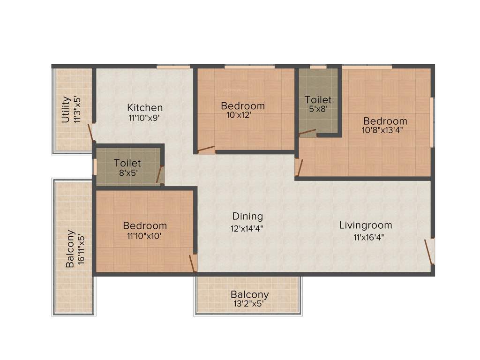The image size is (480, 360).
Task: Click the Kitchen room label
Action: [x=145, y=107]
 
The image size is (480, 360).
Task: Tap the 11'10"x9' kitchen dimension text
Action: [x=145, y=119]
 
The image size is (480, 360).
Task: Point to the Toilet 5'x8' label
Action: [x=318, y=100]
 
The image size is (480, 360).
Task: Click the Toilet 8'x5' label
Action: [x=127, y=163]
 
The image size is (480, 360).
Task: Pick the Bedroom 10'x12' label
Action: [x=242, y=106]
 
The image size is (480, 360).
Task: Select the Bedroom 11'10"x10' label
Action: [x=145, y=225]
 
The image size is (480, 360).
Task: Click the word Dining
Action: [x=247, y=216]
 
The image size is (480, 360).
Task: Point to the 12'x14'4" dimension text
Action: [x=247, y=228]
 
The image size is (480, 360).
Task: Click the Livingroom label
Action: [x=366, y=225]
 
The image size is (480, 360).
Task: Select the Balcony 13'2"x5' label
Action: [x=249, y=295]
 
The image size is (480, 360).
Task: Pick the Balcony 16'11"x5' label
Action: [x=70, y=248]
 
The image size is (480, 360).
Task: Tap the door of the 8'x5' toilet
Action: [x=160, y=174]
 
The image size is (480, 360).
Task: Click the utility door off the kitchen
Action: [x=91, y=133]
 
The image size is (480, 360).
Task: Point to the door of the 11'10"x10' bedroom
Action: [x=192, y=262]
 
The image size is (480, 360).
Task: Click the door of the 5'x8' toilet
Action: [x=307, y=133]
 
